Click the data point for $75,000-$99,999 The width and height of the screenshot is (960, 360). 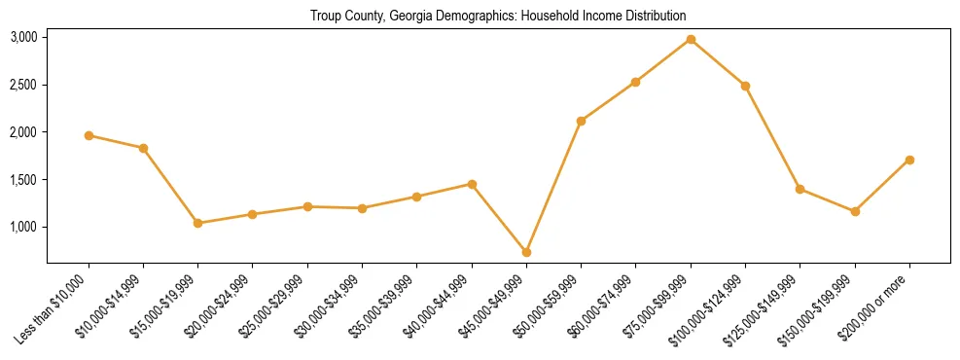(691, 39)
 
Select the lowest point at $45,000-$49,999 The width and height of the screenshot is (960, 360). (526, 252)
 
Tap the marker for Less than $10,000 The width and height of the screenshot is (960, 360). (89, 135)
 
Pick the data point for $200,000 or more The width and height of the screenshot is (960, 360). (909, 160)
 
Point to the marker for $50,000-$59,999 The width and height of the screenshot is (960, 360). (581, 121)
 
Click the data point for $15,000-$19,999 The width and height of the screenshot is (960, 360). (198, 223)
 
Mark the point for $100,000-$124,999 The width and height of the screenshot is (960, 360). (745, 86)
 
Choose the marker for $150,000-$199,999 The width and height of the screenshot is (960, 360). (855, 211)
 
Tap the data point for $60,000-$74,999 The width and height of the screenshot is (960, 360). (635, 82)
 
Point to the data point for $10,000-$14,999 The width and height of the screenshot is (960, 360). (143, 148)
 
